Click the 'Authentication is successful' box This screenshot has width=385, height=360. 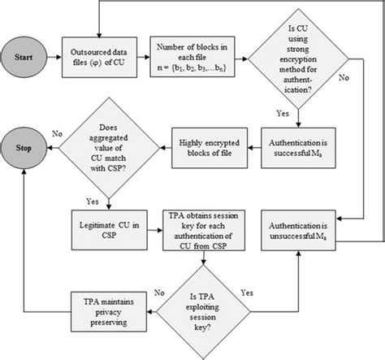tap(304, 149)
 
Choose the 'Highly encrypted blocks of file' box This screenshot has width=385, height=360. tap(212, 149)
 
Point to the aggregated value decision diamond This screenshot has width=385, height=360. tap(107, 149)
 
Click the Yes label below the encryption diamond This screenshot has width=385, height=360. tap(283, 112)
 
